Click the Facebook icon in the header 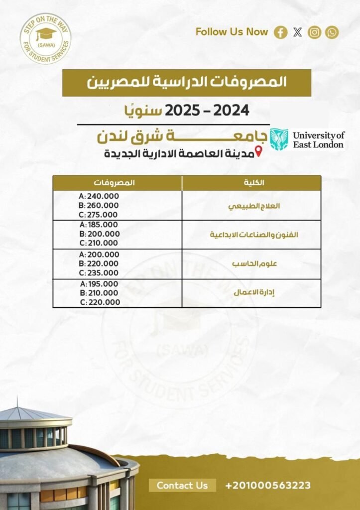tap(281, 32)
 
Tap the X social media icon tap(298, 32)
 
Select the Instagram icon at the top tap(315, 32)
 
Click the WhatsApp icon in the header tap(332, 32)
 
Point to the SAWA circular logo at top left tap(45, 39)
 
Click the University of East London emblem tap(279, 139)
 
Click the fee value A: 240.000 tap(99, 196)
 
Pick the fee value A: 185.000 tap(100, 225)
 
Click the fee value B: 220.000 tap(100, 263)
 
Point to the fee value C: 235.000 tap(100, 273)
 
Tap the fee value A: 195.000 tap(100, 283)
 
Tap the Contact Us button tap(182, 485)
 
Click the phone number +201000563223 tap(268, 485)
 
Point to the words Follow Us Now tap(232, 32)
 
